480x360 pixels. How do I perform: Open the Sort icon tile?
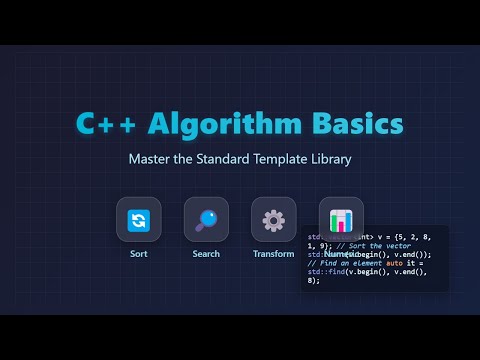[138, 219]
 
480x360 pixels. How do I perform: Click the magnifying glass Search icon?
[206, 219]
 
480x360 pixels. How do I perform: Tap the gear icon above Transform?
[273, 219]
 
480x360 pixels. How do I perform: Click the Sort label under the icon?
[138, 254]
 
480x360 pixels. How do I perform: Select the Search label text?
[206, 254]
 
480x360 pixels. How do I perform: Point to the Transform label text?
[273, 254]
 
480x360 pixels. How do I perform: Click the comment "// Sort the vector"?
[360, 245]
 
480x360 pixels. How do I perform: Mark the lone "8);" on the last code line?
[314, 281]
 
